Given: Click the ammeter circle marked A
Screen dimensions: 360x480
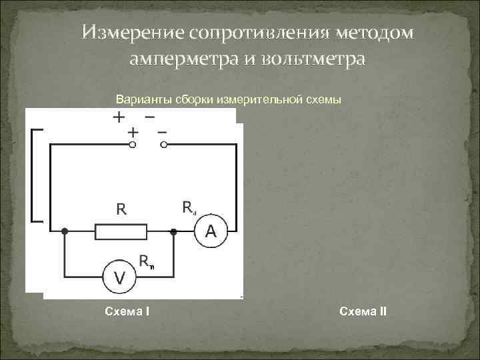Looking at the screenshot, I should coord(211,232).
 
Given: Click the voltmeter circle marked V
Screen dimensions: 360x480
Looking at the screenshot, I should coord(119,276).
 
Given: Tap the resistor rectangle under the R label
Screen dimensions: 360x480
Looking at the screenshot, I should coord(121,232).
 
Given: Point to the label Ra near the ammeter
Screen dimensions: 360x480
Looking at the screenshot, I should coord(189,208).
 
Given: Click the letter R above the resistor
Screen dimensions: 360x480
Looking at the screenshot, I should coord(121,209).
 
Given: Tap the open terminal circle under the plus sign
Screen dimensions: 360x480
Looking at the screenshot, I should coord(133,144).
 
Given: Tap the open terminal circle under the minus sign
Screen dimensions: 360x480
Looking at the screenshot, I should coord(162,144).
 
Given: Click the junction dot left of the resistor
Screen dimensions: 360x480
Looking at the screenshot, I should coord(65,232).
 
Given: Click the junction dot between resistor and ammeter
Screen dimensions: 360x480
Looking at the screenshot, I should coord(173,232).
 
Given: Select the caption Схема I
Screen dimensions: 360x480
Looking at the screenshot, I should coord(127,311).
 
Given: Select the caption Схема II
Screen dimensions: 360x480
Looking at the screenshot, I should coord(363,311).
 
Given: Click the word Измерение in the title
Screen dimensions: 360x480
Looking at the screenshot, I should coord(133,33).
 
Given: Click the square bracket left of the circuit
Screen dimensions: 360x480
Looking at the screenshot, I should coord(36,175).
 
